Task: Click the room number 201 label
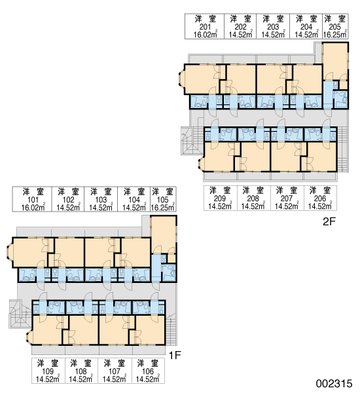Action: (x=205, y=27)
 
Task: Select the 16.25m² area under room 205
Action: (x=334, y=34)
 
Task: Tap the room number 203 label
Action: (x=273, y=27)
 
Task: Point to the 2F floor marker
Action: (x=329, y=221)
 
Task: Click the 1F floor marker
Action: (x=175, y=355)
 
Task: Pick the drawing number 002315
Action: (x=334, y=384)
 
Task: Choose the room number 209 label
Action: (x=220, y=198)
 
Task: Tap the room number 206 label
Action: (x=320, y=198)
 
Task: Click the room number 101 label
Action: (x=33, y=200)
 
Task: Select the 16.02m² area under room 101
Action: (x=33, y=207)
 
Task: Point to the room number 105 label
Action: (x=162, y=200)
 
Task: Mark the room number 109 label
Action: (x=48, y=371)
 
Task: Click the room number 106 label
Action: (x=148, y=371)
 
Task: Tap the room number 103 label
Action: (x=101, y=200)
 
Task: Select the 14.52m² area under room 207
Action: (x=287, y=206)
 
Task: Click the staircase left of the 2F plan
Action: (x=192, y=141)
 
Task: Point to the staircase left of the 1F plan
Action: (x=20, y=314)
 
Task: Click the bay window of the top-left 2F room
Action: (x=181, y=79)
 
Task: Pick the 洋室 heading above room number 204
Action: (x=306, y=19)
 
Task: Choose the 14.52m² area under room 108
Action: (x=81, y=379)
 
